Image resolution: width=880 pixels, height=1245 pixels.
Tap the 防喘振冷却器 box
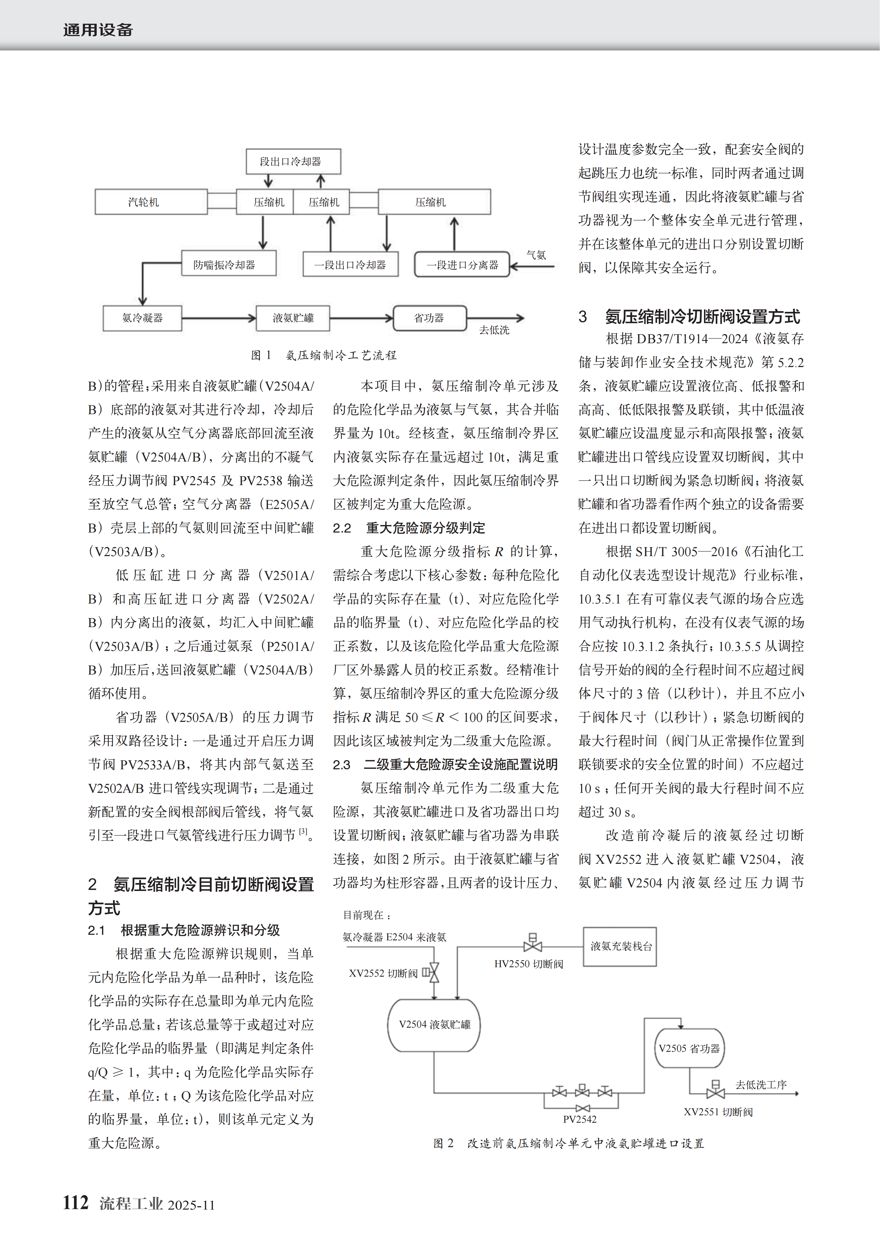(228, 265)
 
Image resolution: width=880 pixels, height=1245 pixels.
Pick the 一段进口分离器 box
(462, 265)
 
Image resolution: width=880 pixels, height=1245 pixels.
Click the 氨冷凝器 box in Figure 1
(142, 318)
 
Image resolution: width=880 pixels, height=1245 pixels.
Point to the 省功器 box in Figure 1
(429, 318)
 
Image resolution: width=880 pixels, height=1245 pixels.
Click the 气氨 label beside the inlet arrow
(536, 255)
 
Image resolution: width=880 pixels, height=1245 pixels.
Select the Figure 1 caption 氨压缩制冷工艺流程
(324, 355)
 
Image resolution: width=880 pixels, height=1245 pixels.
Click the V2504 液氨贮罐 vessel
(434, 1024)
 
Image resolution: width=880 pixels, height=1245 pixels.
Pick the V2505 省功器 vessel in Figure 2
(689, 1048)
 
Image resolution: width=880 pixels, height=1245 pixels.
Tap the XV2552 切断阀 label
(383, 973)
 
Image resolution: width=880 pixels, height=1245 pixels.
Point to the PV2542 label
(580, 1119)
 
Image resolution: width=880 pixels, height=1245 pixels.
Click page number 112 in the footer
(75, 1203)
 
